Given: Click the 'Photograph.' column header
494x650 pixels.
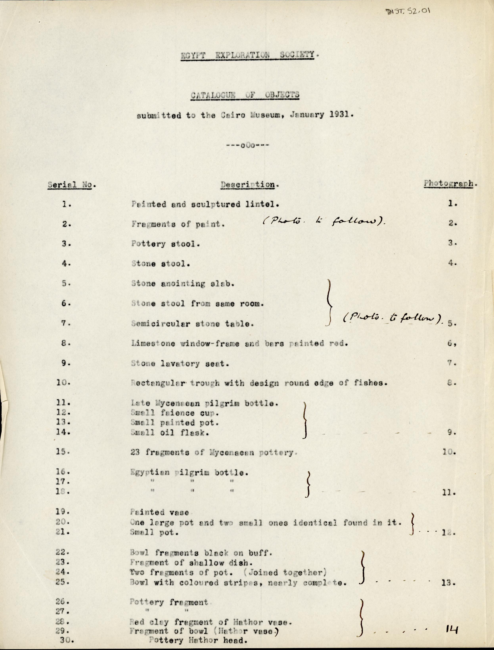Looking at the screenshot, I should click(450, 184).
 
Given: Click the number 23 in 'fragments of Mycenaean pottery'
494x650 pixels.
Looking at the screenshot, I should click(135, 452).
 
